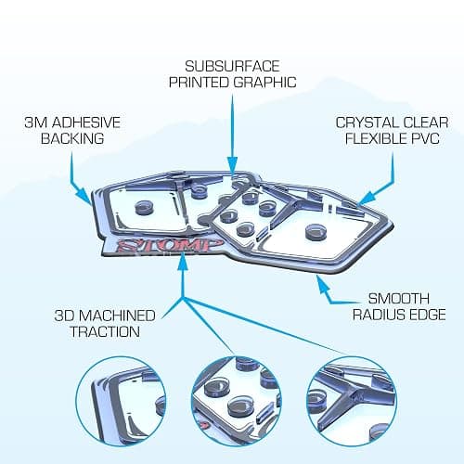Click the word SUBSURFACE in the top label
pos(232,66)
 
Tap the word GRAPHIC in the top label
pos(265,83)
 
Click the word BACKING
pos(72,138)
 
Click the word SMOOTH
pos(399,299)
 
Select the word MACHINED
pos(119,316)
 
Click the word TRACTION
pos(105,331)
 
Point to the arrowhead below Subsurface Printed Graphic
pos(232,165)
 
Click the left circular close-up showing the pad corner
pos(121,401)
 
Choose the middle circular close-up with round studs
pos(237,401)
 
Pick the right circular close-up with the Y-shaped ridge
pos(352,401)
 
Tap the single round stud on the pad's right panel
pos(316,231)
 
